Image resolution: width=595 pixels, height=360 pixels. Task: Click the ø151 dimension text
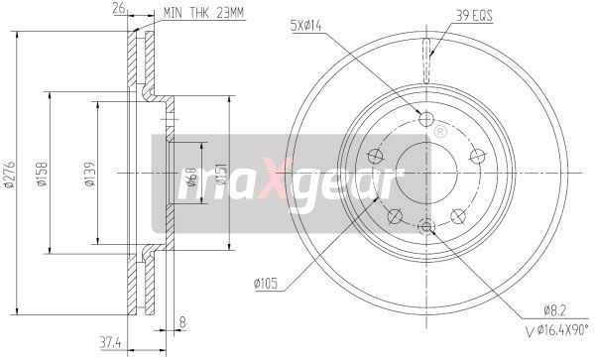[224, 179]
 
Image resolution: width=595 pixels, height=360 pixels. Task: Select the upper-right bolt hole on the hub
[477, 155]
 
